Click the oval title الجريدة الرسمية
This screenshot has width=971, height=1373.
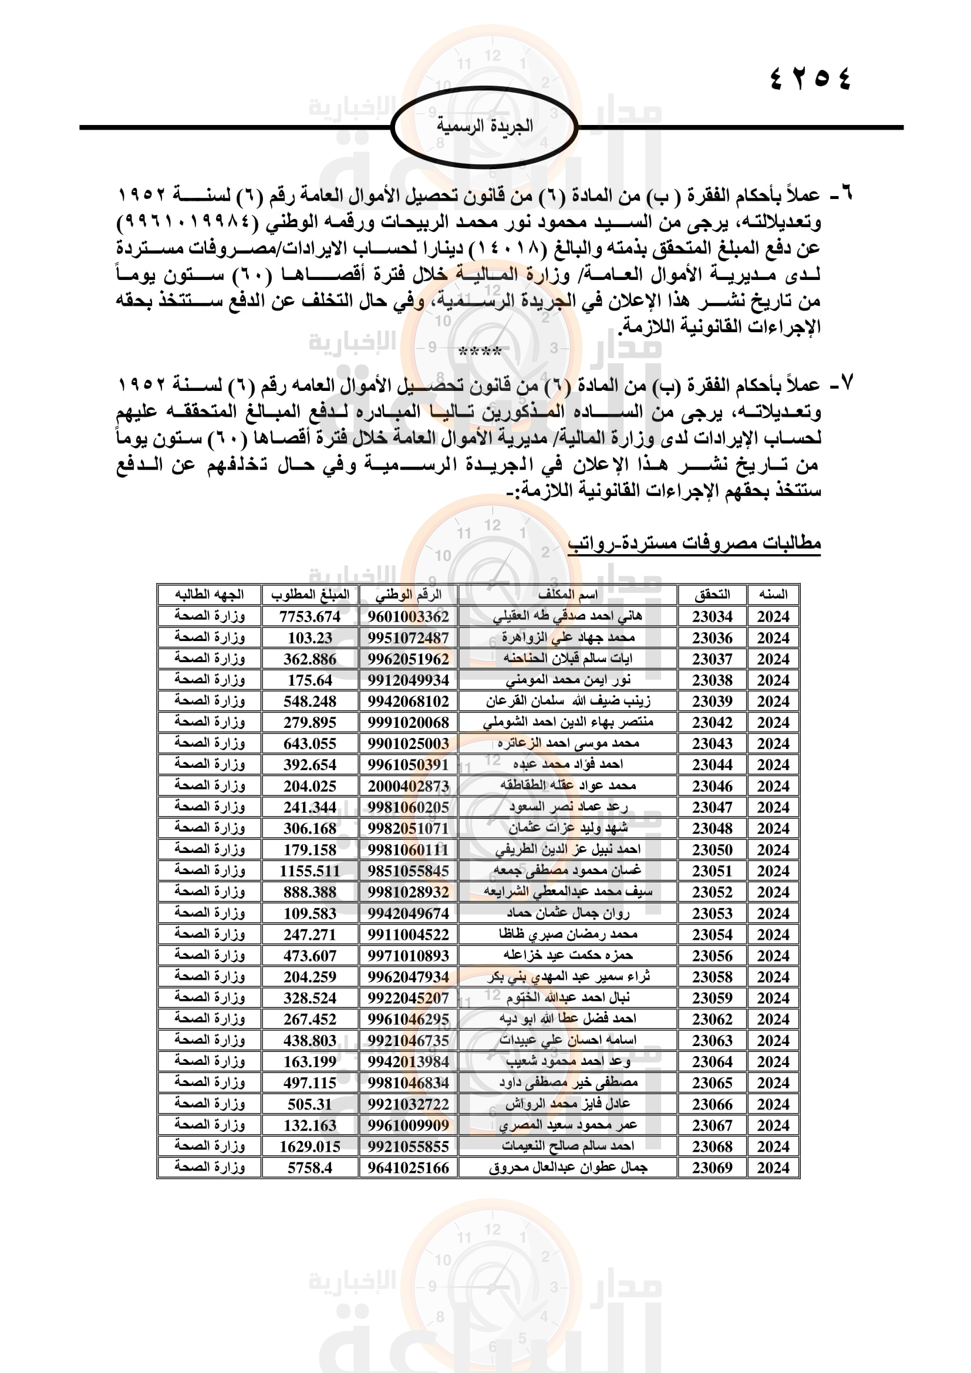coord(484,126)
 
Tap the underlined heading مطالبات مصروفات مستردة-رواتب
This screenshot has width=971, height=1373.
coord(694,543)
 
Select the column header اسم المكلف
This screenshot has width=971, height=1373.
coord(568,595)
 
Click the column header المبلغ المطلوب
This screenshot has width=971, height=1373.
coord(310,595)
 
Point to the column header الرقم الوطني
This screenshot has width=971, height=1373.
coord(409,595)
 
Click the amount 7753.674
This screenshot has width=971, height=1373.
coord(310,616)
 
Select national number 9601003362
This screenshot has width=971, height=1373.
coord(409,616)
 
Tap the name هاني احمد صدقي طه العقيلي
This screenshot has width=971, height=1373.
coord(568,616)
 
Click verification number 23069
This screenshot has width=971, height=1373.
coord(712,1168)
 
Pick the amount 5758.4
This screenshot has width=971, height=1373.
coord(310,1168)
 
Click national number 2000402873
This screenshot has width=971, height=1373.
coord(409,786)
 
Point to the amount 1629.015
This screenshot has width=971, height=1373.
coord(310,1146)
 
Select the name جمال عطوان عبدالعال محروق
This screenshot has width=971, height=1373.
coord(568,1168)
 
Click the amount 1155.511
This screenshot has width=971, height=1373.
coord(310,871)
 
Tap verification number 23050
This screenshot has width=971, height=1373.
coord(712,850)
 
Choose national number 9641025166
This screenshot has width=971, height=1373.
coord(409,1168)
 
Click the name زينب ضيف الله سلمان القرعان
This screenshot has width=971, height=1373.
coord(568,701)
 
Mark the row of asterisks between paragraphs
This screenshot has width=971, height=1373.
coord(480,352)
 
